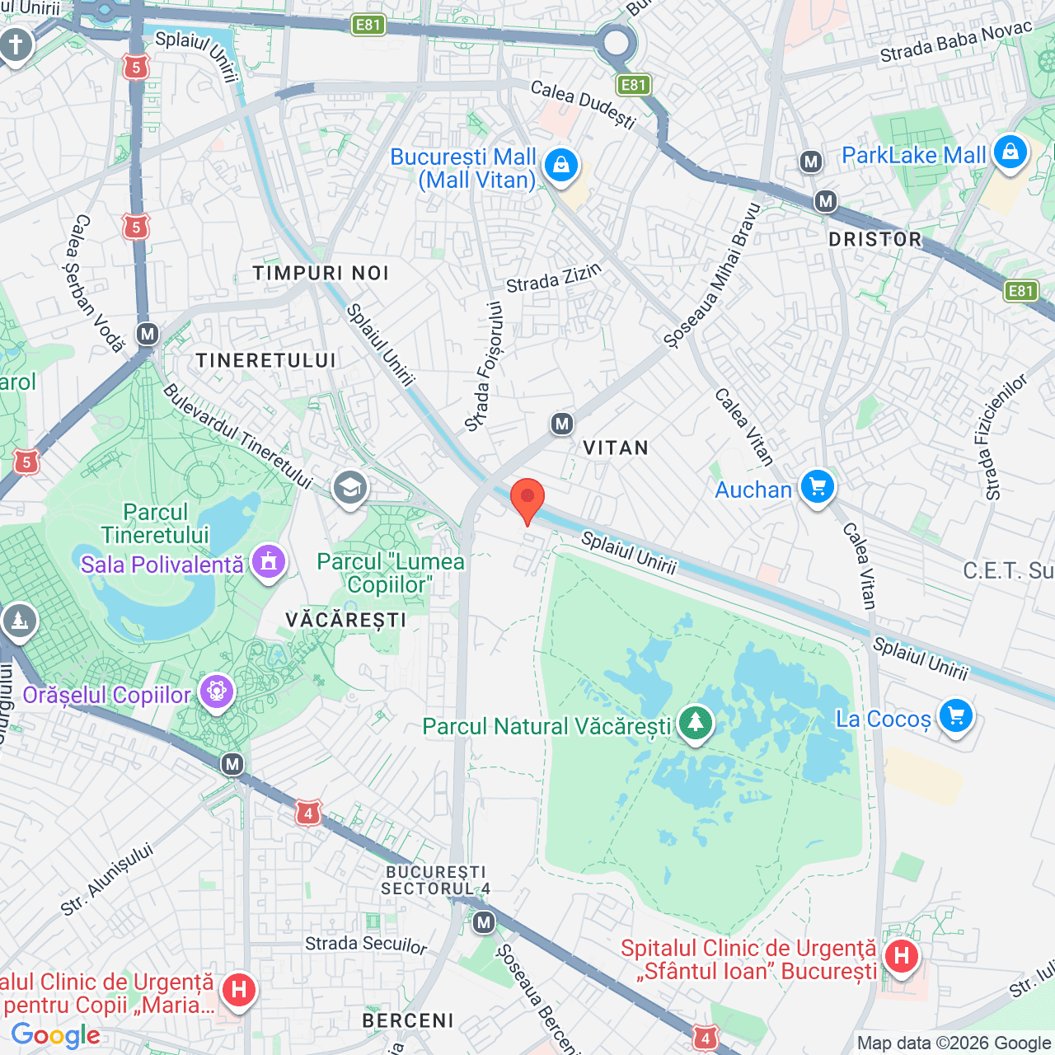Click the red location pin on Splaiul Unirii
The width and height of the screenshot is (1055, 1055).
click(527, 499)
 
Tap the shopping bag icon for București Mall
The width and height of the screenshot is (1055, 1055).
click(561, 165)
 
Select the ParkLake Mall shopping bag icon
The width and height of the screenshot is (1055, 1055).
click(1010, 152)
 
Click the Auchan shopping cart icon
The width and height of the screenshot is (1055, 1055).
click(818, 487)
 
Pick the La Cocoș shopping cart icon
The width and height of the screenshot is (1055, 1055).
click(956, 716)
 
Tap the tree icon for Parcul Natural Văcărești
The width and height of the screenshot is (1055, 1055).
click(696, 723)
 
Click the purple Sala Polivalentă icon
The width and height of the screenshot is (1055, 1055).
click(268, 562)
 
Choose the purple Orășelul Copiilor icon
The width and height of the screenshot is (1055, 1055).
click(217, 692)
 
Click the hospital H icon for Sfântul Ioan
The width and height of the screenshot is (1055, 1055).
click(901, 957)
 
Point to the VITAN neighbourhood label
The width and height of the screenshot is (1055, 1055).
click(616, 448)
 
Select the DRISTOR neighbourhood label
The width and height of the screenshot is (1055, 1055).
click(875, 240)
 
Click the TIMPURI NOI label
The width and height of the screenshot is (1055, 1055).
click(321, 274)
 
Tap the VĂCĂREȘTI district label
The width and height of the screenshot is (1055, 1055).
click(346, 620)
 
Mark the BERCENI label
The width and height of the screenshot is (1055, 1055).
click(408, 1021)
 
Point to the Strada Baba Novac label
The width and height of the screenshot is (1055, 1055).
click(956, 43)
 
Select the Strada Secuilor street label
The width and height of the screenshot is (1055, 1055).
click(366, 944)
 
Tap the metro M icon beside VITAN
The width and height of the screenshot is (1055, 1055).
click(562, 424)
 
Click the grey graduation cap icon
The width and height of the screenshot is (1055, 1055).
click(349, 488)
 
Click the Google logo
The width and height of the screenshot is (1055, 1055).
click(56, 1035)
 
